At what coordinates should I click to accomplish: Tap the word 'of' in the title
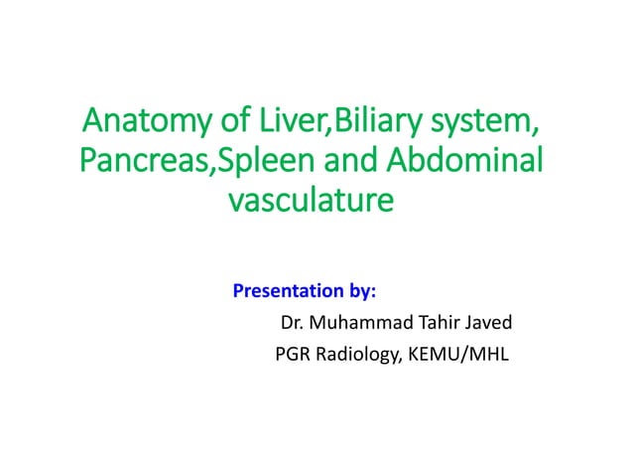click(x=234, y=125)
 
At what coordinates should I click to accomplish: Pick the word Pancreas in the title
click(x=133, y=163)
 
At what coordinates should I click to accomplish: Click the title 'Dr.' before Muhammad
click(x=294, y=322)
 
